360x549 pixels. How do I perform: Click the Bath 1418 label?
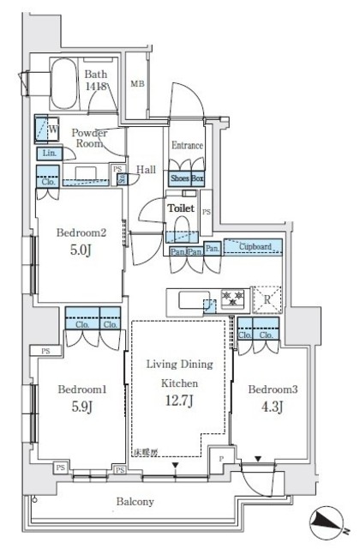coord(95,80)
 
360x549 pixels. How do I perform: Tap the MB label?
coord(137,83)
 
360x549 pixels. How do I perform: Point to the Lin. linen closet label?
coord(47,153)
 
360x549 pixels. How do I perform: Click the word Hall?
coord(145,170)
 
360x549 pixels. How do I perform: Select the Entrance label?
coord(187,145)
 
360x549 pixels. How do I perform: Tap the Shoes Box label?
coord(187,178)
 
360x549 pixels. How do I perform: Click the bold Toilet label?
coord(181,208)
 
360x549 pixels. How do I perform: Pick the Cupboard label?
coord(256,247)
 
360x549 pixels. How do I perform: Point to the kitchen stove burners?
coord(232,299)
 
